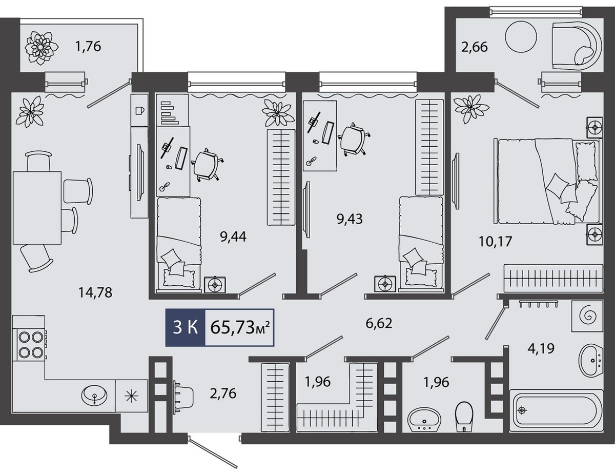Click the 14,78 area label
point(95,292)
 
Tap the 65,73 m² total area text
point(240,328)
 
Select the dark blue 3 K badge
point(185,327)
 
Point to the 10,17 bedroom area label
point(495,242)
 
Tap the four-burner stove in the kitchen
point(31,344)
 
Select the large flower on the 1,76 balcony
point(39,47)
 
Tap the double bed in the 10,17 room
point(548,181)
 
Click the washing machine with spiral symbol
point(587,316)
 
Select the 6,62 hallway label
point(379,323)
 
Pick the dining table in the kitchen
point(37,208)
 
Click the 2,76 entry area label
point(223,393)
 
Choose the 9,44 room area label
point(233,236)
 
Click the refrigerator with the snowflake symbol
point(131,396)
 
